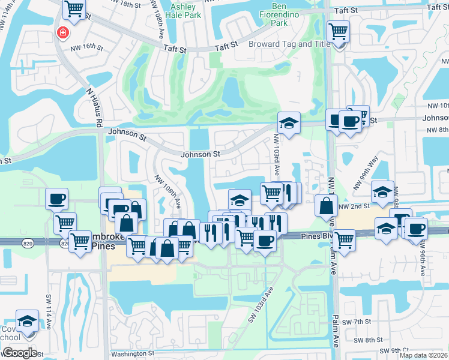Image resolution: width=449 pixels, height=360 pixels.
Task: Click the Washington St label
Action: click(136, 354)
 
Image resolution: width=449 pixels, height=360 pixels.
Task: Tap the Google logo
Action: click(19, 353)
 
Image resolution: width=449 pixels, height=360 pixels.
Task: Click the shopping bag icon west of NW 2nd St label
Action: click(325, 206)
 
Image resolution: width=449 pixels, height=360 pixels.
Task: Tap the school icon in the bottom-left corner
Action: click(27, 321)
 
